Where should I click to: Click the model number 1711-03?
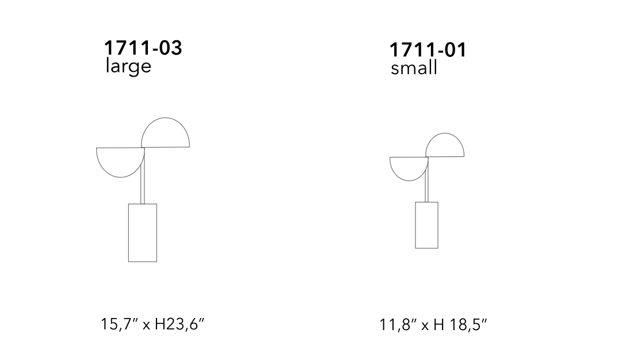tap(143, 48)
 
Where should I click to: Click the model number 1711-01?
tap(428, 50)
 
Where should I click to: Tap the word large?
tap(128, 66)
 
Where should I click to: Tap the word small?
tap(414, 67)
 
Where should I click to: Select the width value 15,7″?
tap(120, 324)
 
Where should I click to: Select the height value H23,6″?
tap(180, 324)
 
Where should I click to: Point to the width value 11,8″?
tap(398, 325)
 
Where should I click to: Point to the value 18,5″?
tap(467, 325)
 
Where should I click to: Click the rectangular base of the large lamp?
tap(143, 233)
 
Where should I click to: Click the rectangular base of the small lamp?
tap(426, 225)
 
